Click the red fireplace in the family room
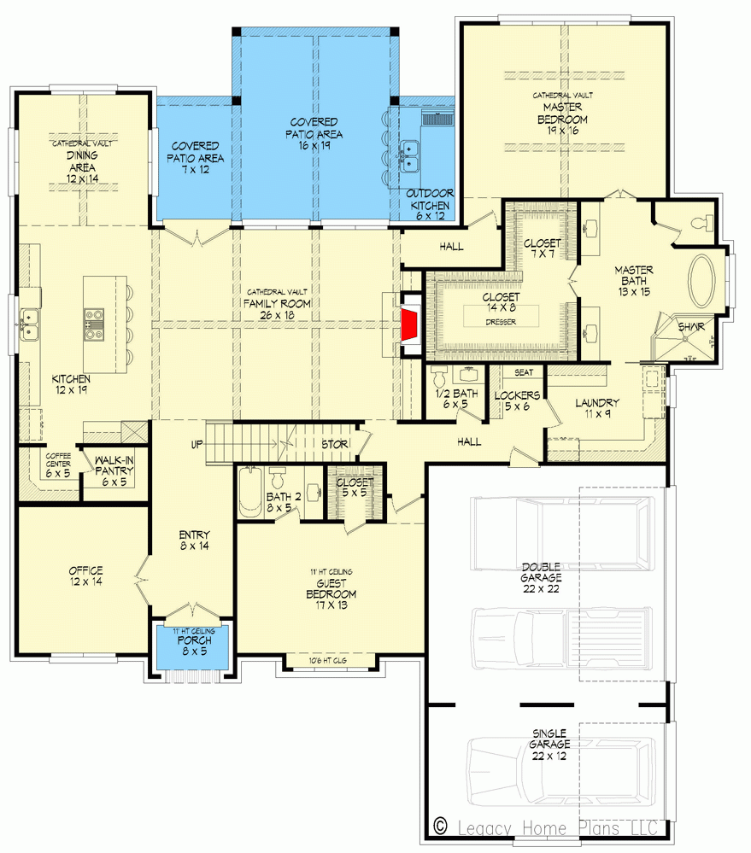point(412,324)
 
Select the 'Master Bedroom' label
point(562,113)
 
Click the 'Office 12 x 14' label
point(86,576)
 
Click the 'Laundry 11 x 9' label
point(596,408)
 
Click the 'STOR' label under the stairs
point(333,444)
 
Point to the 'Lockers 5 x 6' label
point(517,401)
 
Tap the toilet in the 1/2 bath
point(439,377)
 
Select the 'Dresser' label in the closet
point(501,322)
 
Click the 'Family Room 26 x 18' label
point(276,309)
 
